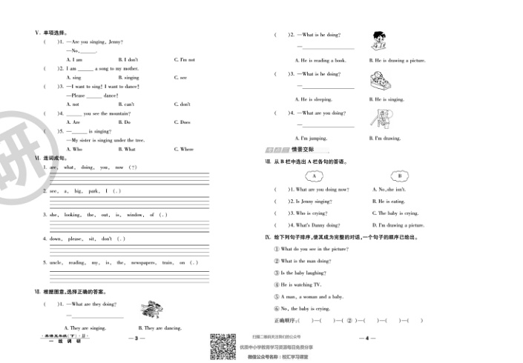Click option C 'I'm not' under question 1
coord(184,59)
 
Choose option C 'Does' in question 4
coord(184,122)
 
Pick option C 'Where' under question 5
coord(185,149)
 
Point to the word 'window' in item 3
coord(136,215)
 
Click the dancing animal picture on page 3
coord(152,307)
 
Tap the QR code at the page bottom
coord(220,346)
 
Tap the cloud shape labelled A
coord(315,176)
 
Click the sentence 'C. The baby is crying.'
coord(396,213)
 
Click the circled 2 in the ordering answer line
coord(340,321)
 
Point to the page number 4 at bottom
coord(365,339)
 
